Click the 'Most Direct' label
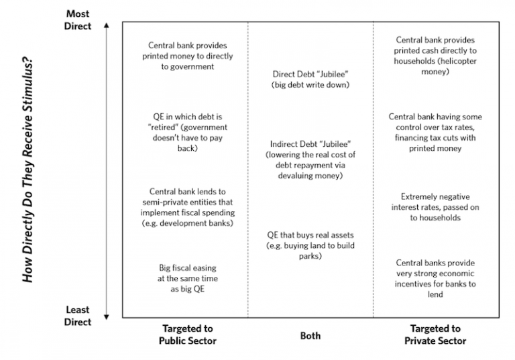pyautogui.click(x=78, y=19)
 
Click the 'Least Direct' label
pyautogui.click(x=78, y=316)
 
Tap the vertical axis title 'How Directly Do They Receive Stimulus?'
pyautogui.click(x=28, y=170)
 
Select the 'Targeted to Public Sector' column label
pyautogui.click(x=188, y=335)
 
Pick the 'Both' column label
pyautogui.click(x=310, y=336)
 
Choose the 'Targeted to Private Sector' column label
pyautogui.click(x=435, y=335)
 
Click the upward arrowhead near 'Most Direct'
pyautogui.click(x=107, y=25)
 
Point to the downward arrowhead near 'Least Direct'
pyautogui.click(x=107, y=317)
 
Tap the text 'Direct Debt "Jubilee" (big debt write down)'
pyautogui.click(x=310, y=80)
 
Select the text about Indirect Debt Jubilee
pyautogui.click(x=310, y=160)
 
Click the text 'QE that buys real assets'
pyautogui.click(x=310, y=235)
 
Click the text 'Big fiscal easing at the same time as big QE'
pyautogui.click(x=188, y=278)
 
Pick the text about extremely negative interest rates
pyautogui.click(x=435, y=207)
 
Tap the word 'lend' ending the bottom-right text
pyautogui.click(x=435, y=294)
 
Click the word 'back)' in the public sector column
pyautogui.click(x=188, y=148)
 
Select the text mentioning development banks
pyautogui.click(x=188, y=207)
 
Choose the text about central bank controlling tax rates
pyautogui.click(x=435, y=132)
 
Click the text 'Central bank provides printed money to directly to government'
pyautogui.click(x=188, y=56)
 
